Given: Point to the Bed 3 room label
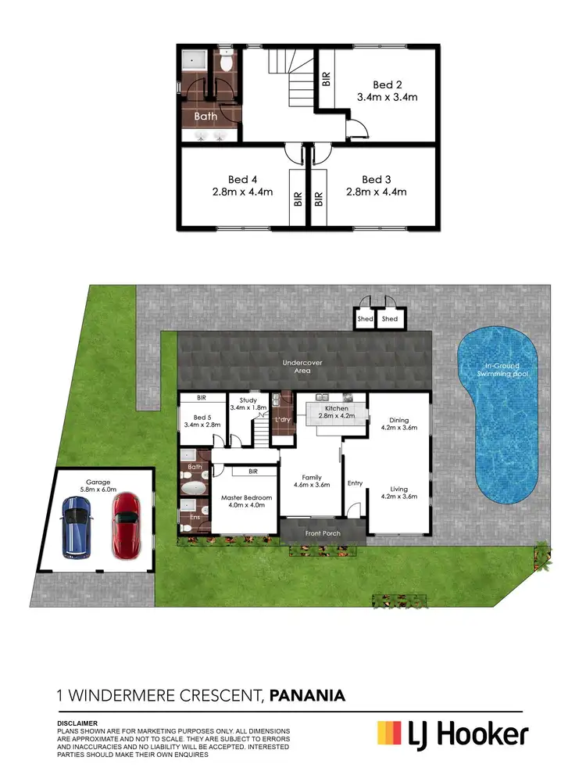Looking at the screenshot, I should tap(376, 179).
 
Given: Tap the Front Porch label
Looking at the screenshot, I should tap(323, 534).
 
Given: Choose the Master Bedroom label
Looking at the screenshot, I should tap(246, 498).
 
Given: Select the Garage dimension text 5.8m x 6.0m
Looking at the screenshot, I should tap(98, 490).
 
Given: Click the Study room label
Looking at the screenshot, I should tap(245, 400).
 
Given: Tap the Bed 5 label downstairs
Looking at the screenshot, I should tap(202, 417).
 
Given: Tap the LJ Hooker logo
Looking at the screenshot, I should tap(452, 734).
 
